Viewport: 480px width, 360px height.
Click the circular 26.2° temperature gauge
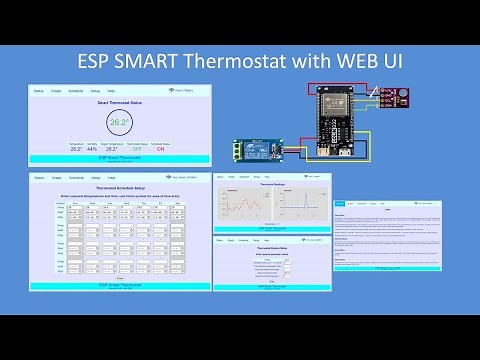click(x=119, y=124)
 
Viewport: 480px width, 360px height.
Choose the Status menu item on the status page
click(x=38, y=92)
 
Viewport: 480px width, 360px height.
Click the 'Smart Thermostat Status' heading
click(x=119, y=103)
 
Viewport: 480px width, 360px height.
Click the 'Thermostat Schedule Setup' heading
click(x=119, y=188)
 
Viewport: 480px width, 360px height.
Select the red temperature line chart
click(x=246, y=206)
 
